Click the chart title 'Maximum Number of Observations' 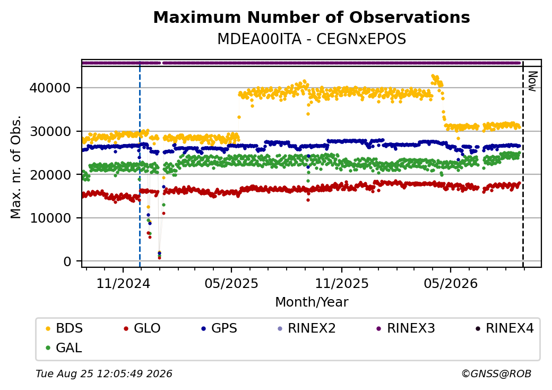[312, 17]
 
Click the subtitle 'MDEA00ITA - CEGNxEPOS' [312, 39]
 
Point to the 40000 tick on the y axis [50, 88]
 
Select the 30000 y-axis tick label [50, 131]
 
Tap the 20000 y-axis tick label [50, 175]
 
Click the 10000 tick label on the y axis [50, 218]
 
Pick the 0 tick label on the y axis [67, 261]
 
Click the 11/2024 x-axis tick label [123, 283]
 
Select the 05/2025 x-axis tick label [231, 283]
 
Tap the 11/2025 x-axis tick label [341, 283]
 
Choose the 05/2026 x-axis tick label [451, 283]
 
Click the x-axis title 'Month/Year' [312, 302]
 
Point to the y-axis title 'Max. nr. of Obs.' [16, 167]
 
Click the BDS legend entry [64, 328]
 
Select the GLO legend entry [142, 328]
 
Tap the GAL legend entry [64, 347]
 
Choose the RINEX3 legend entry [406, 328]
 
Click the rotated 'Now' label [533, 81]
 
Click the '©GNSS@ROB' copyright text [496, 374]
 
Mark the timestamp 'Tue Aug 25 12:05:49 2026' [104, 374]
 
